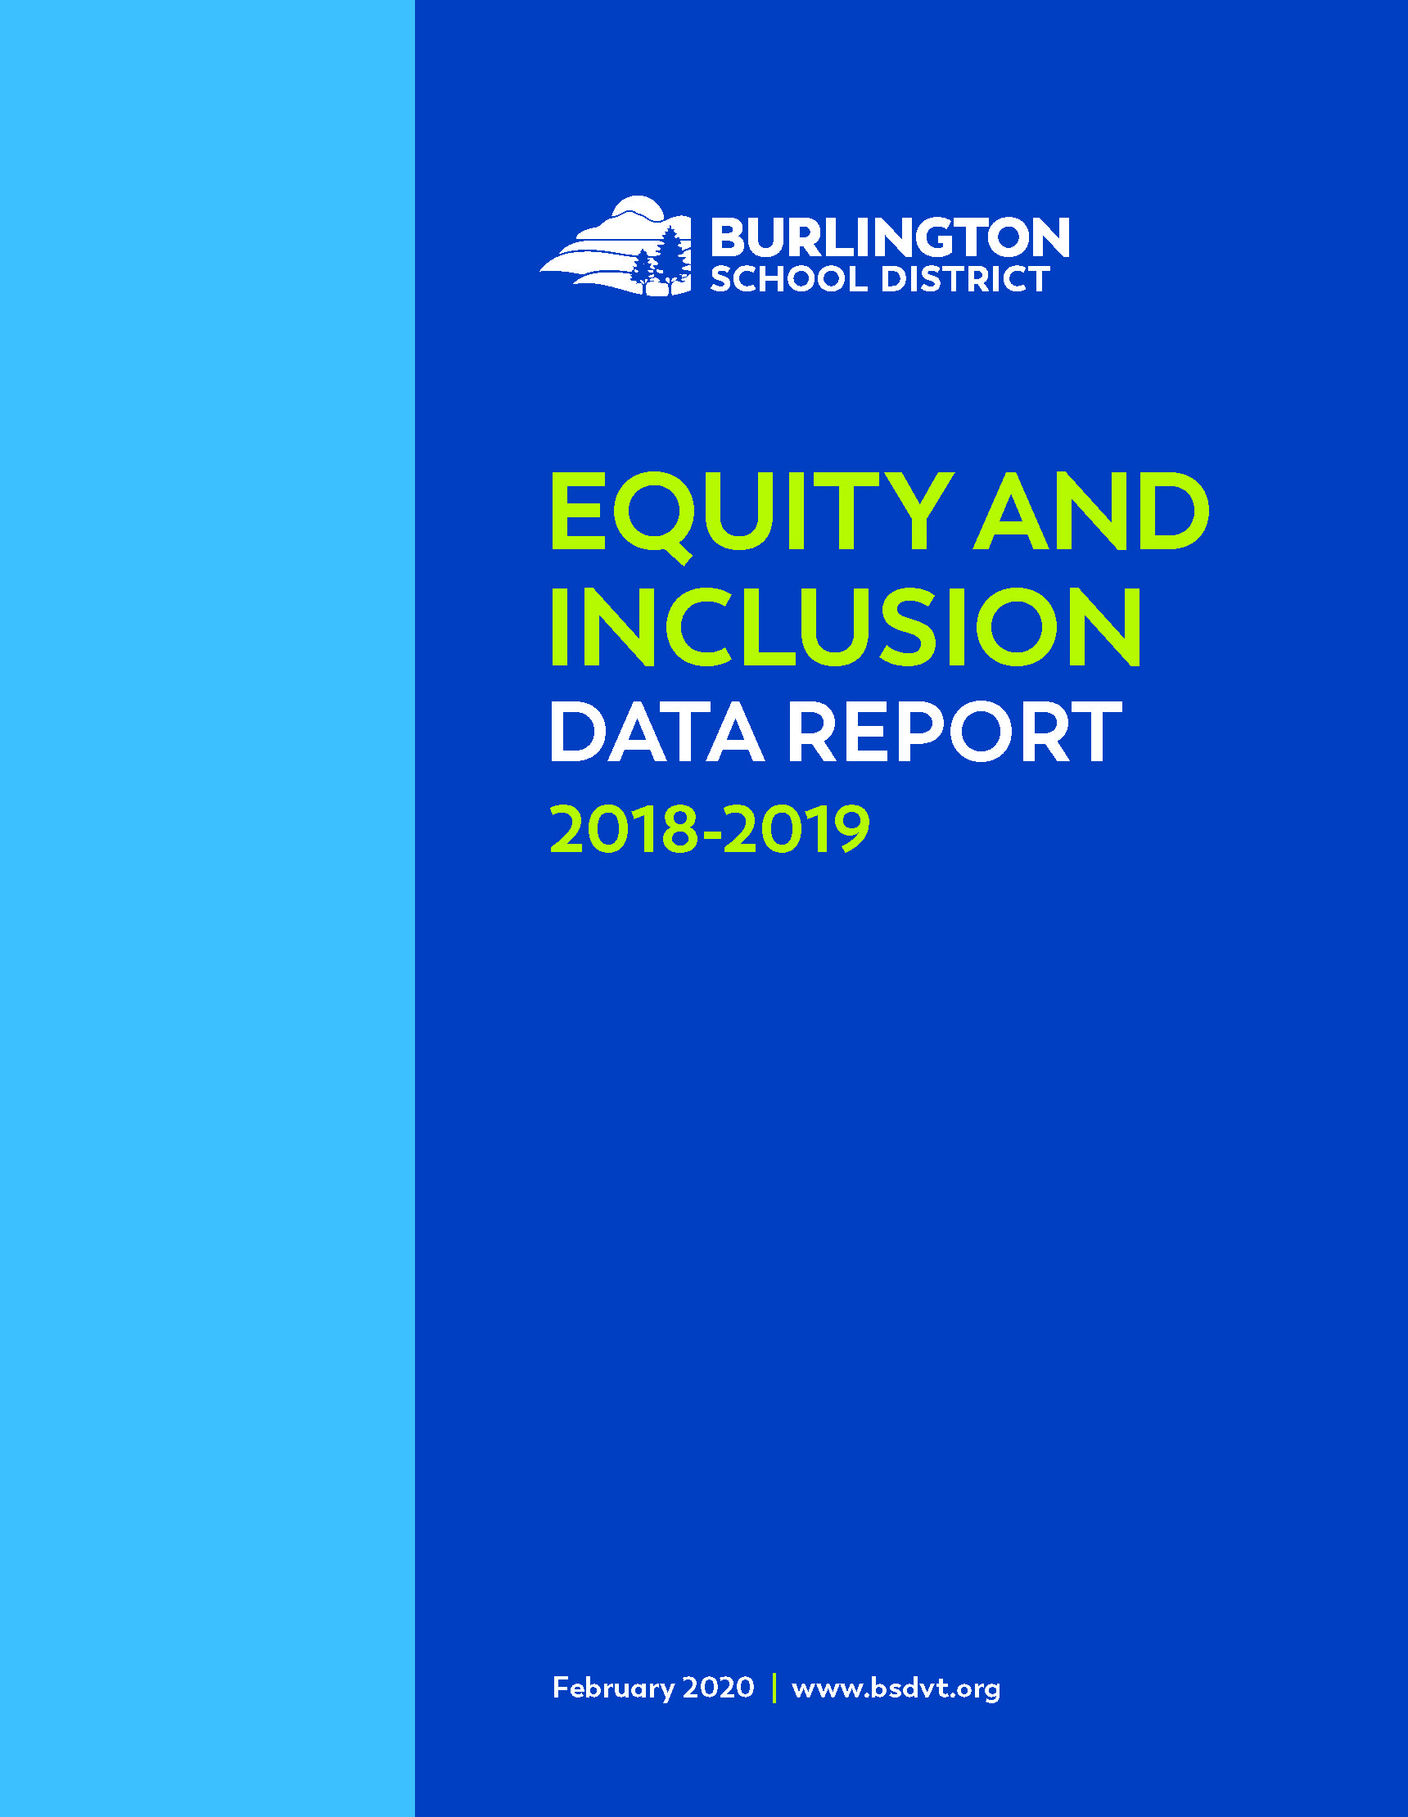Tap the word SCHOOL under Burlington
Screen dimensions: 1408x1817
pos(789,280)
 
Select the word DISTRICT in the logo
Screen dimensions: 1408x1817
pos(965,280)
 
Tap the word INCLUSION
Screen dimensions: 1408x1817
pos(846,626)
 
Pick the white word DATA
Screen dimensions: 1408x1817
pos(657,733)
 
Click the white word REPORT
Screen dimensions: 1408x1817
pos(955,733)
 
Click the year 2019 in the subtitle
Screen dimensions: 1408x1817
pos(797,828)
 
